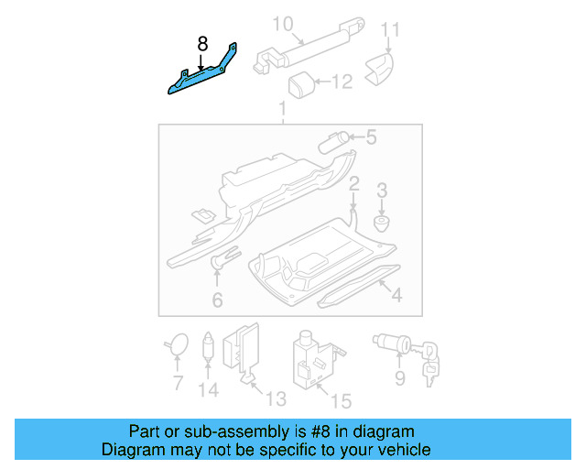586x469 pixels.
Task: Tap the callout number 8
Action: pyautogui.click(x=202, y=42)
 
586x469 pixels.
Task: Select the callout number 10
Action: pyautogui.click(x=282, y=22)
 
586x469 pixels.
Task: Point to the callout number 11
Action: pyautogui.click(x=391, y=30)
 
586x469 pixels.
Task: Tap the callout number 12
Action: pyautogui.click(x=341, y=82)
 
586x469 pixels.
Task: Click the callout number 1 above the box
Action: pyautogui.click(x=282, y=111)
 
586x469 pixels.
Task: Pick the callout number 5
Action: pyautogui.click(x=371, y=138)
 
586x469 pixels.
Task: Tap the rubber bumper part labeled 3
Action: pyautogui.click(x=381, y=222)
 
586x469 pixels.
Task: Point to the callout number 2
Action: pyautogui.click(x=353, y=184)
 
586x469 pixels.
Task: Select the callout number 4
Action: pyautogui.click(x=396, y=295)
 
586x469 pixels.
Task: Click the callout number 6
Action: pyautogui.click(x=217, y=300)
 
